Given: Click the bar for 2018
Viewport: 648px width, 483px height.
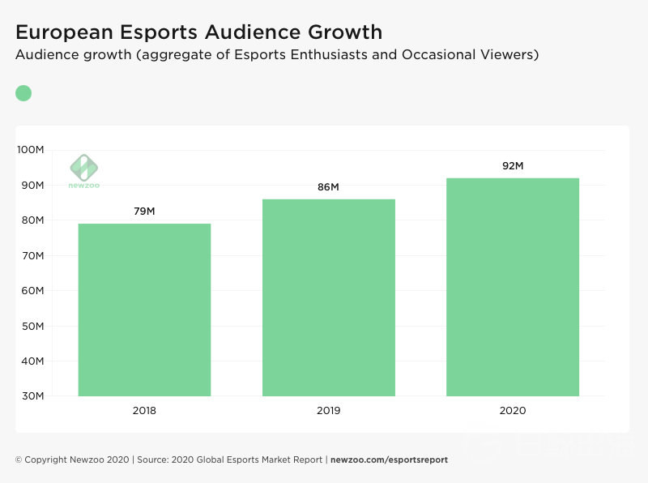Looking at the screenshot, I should [x=144, y=310].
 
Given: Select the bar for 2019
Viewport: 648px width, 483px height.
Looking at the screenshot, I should [x=329, y=297].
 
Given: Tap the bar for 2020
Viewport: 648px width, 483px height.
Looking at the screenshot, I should [x=513, y=287].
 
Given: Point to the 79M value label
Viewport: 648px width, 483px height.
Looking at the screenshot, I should [x=144, y=212].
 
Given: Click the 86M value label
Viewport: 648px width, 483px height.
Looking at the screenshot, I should [x=328, y=187].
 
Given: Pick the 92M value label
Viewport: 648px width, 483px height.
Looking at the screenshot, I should [x=513, y=166].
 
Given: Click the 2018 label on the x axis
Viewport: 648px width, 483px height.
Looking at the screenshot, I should [x=144, y=411].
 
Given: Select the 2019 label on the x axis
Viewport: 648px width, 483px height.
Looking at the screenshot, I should [x=329, y=411].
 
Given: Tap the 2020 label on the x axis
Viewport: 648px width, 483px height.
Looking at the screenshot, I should [x=513, y=411].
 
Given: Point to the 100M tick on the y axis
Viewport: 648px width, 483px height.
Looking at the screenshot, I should [x=32, y=150].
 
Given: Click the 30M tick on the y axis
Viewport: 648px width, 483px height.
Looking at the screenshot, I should [x=33, y=396].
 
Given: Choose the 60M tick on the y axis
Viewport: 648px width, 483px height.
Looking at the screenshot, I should [x=33, y=291].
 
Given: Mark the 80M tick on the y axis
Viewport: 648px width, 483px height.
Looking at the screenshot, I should [x=33, y=220].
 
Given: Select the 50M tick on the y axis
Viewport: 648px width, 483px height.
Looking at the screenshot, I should [x=33, y=326].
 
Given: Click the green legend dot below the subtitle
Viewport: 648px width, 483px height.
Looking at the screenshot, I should [x=23, y=93].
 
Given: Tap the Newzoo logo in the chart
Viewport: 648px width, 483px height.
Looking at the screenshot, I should [x=83, y=171].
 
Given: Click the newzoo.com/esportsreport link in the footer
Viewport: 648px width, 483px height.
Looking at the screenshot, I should [x=389, y=459].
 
